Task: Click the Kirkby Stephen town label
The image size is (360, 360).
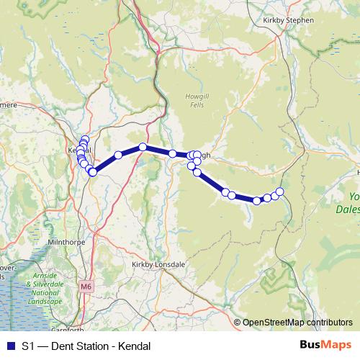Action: click(289, 20)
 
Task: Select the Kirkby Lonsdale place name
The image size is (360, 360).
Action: click(158, 264)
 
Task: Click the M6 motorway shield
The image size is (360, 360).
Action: click(86, 287)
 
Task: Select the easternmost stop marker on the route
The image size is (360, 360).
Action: click(280, 191)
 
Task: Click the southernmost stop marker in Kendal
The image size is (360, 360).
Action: click(93, 172)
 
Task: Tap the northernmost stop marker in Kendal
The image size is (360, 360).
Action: click(85, 140)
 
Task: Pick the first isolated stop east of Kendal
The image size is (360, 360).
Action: click(118, 155)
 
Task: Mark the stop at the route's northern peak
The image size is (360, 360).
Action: click(143, 147)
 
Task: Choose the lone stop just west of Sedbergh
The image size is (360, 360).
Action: click(173, 153)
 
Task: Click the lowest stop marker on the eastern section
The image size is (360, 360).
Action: click(257, 201)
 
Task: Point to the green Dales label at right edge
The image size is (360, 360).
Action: click(350, 210)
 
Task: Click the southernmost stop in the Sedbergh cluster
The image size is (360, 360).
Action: click(197, 172)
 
